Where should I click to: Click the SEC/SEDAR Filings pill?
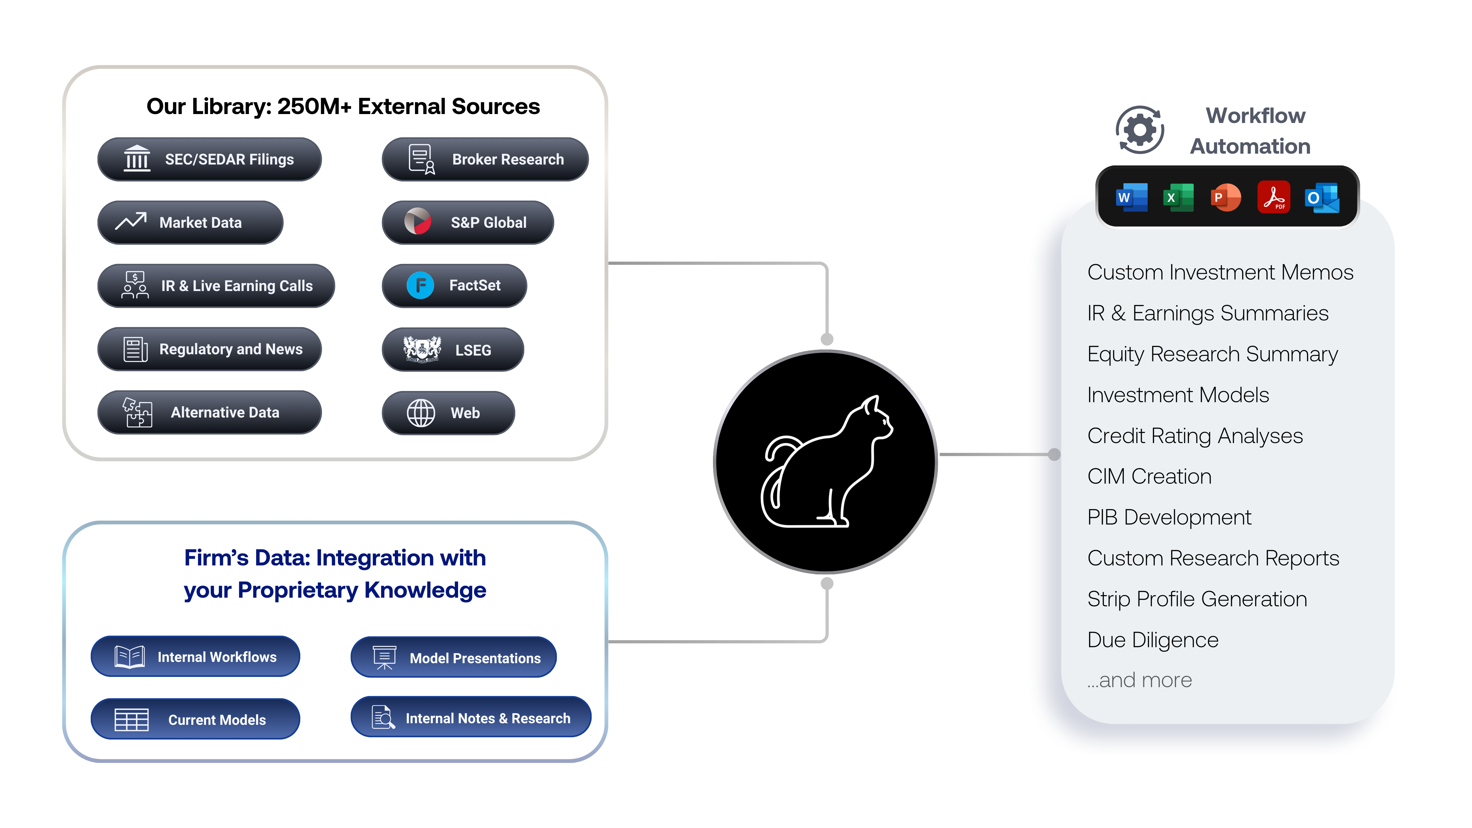click(209, 159)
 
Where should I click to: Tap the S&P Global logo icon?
click(418, 222)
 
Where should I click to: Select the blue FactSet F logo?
click(421, 285)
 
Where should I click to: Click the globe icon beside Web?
click(421, 413)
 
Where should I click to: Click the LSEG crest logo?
click(422, 349)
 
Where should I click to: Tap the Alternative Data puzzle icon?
click(137, 412)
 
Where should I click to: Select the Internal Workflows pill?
click(195, 656)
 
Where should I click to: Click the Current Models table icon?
click(131, 719)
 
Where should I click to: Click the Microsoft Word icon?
click(1131, 198)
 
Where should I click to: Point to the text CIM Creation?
click(1149, 476)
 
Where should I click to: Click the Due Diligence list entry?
click(1153, 640)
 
